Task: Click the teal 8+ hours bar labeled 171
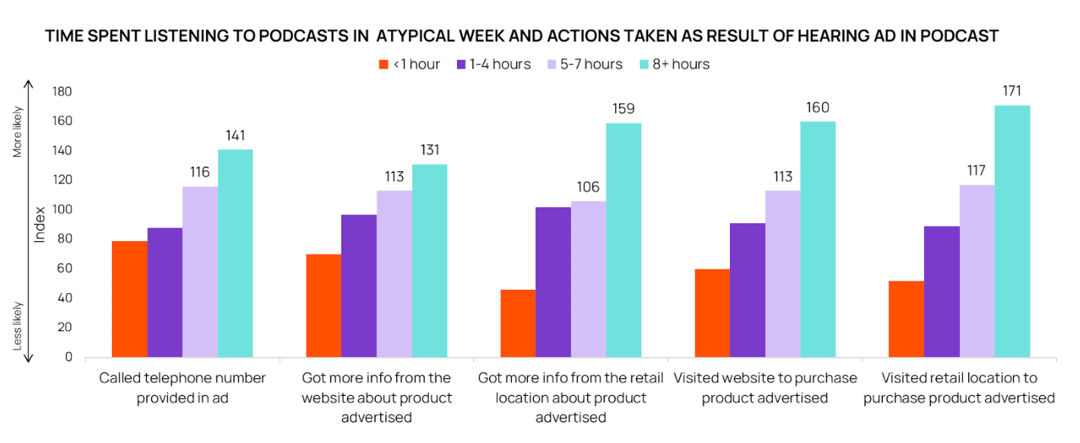[1012, 231]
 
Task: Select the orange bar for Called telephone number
[129, 299]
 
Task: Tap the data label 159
[624, 109]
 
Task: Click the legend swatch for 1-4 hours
[462, 65]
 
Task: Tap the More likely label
[18, 132]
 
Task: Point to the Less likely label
[18, 326]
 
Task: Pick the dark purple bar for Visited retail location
[942, 292]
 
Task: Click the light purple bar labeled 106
[589, 279]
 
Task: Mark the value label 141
[235, 135]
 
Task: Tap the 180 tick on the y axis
[63, 92]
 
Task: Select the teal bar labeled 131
[430, 260]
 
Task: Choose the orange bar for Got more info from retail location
[517, 323]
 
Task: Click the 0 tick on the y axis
[68, 357]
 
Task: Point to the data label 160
[818, 107]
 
